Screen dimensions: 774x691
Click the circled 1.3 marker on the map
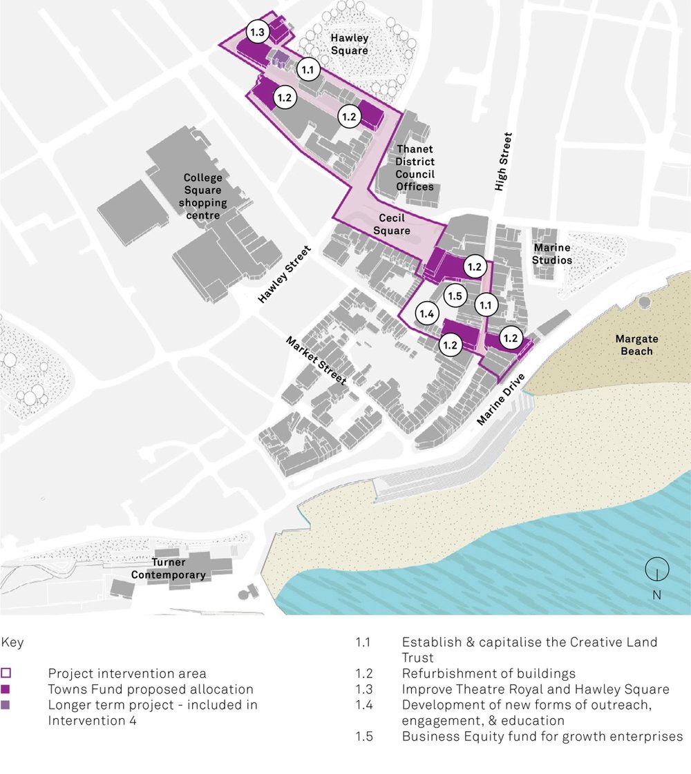pos(258,32)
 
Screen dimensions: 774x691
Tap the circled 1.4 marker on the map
pos(426,314)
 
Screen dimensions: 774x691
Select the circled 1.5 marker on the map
pos(454,296)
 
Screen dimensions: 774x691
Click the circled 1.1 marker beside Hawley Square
pos(308,70)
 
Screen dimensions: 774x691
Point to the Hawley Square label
pos(349,44)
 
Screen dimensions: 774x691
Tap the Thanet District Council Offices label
pos(415,168)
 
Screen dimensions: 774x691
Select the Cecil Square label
pos(391,224)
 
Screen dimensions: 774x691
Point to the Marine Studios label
pos(553,254)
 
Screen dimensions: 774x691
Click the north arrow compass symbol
pos(656,570)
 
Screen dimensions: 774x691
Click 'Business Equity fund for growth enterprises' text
pos(542,737)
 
